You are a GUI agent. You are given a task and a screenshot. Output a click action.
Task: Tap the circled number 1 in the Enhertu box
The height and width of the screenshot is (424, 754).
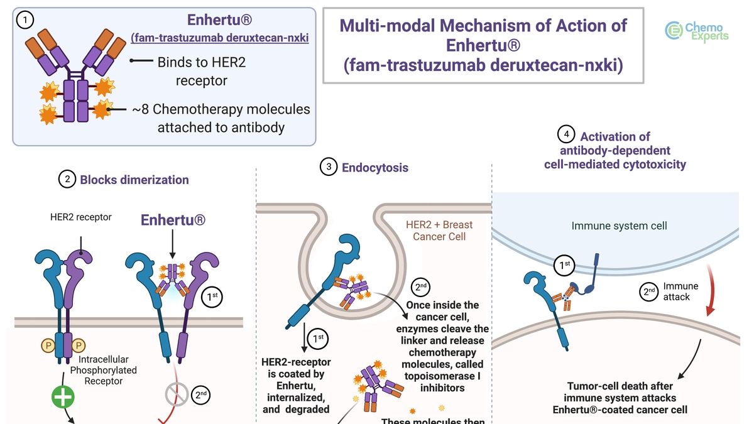pos(26,21)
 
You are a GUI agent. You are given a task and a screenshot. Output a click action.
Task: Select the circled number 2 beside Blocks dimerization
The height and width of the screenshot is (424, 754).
pos(67,180)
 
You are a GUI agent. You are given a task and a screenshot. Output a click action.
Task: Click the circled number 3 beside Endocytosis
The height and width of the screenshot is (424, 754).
pos(329,167)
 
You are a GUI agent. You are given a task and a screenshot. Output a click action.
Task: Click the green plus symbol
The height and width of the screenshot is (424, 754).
pos(63,397)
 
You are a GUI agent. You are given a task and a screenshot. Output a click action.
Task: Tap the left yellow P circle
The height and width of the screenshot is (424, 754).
pos(48,345)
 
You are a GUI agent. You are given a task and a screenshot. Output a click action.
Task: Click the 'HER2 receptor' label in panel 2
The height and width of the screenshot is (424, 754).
pos(81,217)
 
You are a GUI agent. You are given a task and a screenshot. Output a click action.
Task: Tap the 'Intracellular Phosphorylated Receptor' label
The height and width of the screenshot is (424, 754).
pos(108,371)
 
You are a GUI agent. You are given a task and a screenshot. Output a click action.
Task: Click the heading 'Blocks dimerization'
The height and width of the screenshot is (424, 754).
pos(134,180)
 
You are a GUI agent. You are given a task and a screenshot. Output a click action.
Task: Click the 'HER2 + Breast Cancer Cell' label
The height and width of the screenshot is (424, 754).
pos(439,230)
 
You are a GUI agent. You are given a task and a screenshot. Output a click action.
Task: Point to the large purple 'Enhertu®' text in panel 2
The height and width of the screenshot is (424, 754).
pos(173,220)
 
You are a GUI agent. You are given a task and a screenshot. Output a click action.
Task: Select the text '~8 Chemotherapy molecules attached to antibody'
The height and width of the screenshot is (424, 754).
pos(221,118)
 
